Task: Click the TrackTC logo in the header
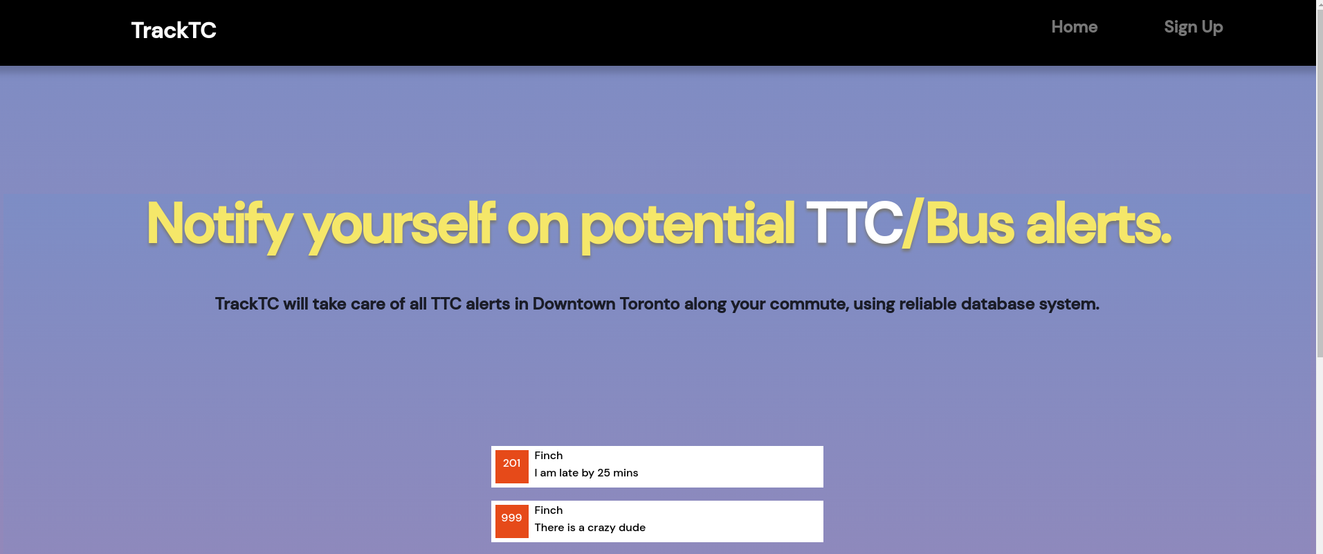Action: (x=174, y=30)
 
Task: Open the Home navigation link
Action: (x=1074, y=27)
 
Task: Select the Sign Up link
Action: (x=1193, y=28)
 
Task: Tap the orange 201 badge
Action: (x=512, y=467)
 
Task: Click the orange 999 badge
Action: (x=512, y=521)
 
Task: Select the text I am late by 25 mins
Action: (x=586, y=473)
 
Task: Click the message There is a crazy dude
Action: (x=590, y=528)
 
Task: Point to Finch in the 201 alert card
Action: (x=549, y=456)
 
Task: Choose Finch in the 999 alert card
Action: (x=549, y=510)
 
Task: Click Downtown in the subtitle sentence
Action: (x=574, y=304)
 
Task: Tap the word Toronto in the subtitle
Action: (x=649, y=304)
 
